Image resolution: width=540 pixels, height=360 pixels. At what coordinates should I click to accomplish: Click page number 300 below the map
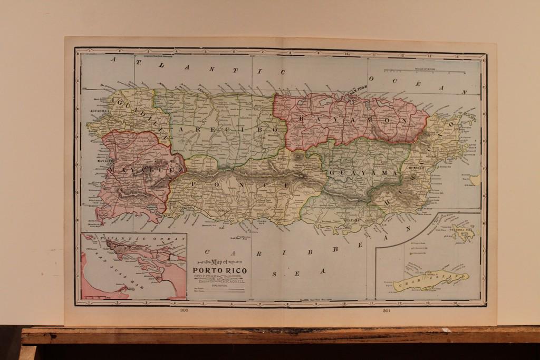tap(184, 310)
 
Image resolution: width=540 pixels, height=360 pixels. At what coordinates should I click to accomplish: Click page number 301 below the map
tap(385, 310)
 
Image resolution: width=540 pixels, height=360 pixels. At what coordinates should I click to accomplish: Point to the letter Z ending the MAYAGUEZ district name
tap(177, 170)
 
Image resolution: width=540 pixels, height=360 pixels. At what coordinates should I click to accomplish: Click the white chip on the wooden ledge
tap(446, 330)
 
